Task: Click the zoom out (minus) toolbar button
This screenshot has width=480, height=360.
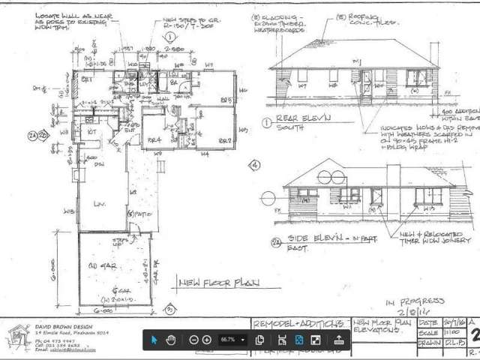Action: point(194,340)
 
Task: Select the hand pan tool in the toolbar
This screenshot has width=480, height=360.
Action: point(171,340)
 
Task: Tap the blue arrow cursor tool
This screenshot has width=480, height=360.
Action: point(154,340)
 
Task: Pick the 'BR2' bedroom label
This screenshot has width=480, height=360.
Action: point(223,139)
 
